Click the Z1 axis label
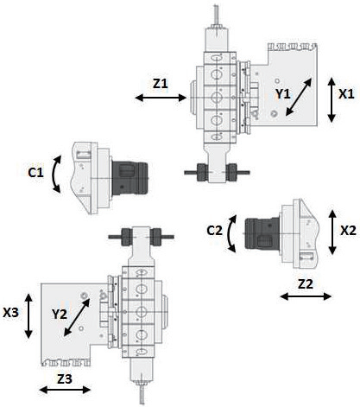(161, 84)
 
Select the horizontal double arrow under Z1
(161, 98)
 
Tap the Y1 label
(283, 94)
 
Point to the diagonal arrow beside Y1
(299, 97)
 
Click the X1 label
(346, 94)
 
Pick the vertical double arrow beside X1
(332, 99)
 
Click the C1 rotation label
(35, 173)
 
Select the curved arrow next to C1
(54, 175)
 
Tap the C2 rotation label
(215, 231)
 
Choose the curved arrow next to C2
(231, 233)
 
